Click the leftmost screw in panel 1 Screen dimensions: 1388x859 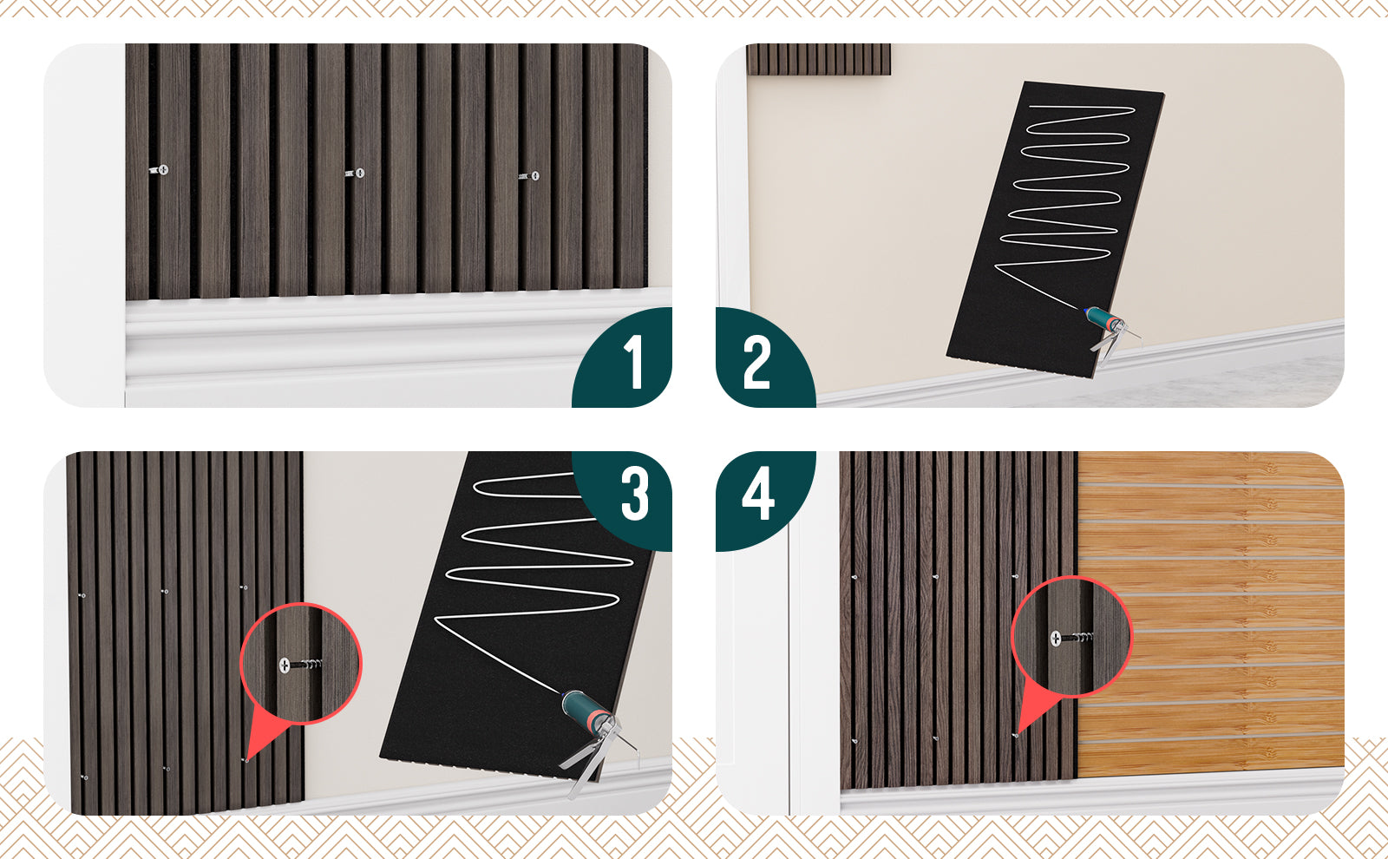(x=160, y=169)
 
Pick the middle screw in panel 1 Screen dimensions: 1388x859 (x=355, y=173)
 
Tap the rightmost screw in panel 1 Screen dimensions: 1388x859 (x=530, y=176)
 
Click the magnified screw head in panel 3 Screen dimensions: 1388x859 (x=285, y=665)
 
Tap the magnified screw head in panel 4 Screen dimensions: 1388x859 (x=1056, y=638)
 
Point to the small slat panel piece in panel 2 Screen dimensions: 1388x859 (x=819, y=60)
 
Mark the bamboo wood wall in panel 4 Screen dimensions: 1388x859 (x=1211, y=613)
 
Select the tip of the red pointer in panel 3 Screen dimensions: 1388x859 (x=246, y=760)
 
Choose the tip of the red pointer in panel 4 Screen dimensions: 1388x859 (x=1016, y=736)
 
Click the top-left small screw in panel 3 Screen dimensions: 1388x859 (x=82, y=595)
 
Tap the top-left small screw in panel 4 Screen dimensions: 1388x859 (x=854, y=577)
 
